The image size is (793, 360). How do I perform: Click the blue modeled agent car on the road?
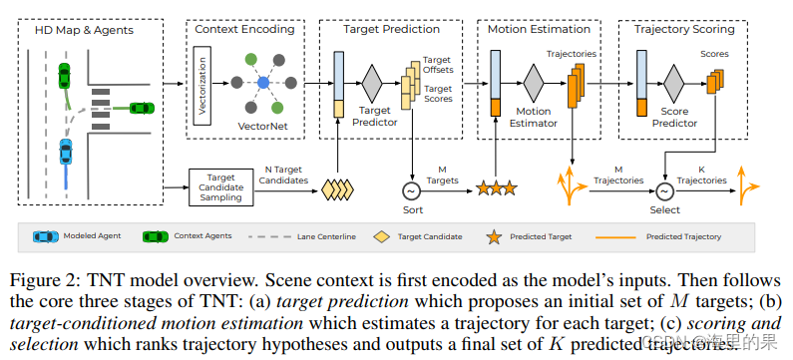click(65, 153)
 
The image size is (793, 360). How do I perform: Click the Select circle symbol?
click(664, 190)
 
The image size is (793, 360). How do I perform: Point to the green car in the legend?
click(157, 236)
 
